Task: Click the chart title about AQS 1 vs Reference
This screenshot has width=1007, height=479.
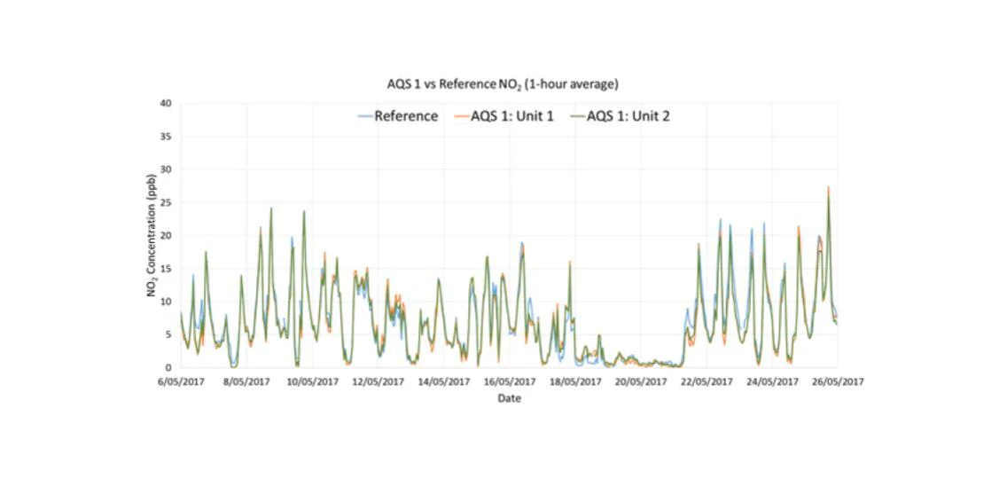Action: [503, 84]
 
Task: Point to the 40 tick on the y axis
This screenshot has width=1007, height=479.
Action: [166, 104]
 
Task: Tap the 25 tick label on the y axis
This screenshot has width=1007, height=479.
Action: [166, 203]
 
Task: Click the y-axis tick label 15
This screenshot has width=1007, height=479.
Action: [166, 269]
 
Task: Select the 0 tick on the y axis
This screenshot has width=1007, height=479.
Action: [168, 368]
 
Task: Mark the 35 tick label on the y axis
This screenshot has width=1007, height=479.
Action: [166, 137]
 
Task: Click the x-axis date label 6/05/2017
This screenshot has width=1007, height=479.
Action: [182, 382]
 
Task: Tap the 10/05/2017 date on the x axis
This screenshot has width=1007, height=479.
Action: [313, 382]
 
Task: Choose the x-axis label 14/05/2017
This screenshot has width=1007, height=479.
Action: [444, 382]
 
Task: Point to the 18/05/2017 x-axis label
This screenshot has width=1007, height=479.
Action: [575, 382]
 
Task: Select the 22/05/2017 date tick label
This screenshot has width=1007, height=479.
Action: [706, 382]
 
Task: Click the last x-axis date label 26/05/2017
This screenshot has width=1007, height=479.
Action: [838, 382]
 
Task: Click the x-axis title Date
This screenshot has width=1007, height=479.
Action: [509, 398]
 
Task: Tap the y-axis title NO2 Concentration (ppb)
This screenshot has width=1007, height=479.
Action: [152, 235]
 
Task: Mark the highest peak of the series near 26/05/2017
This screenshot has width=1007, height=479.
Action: [828, 188]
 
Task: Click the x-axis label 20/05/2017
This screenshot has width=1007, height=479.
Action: [641, 382]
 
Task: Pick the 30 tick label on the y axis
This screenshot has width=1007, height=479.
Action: [166, 169]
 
